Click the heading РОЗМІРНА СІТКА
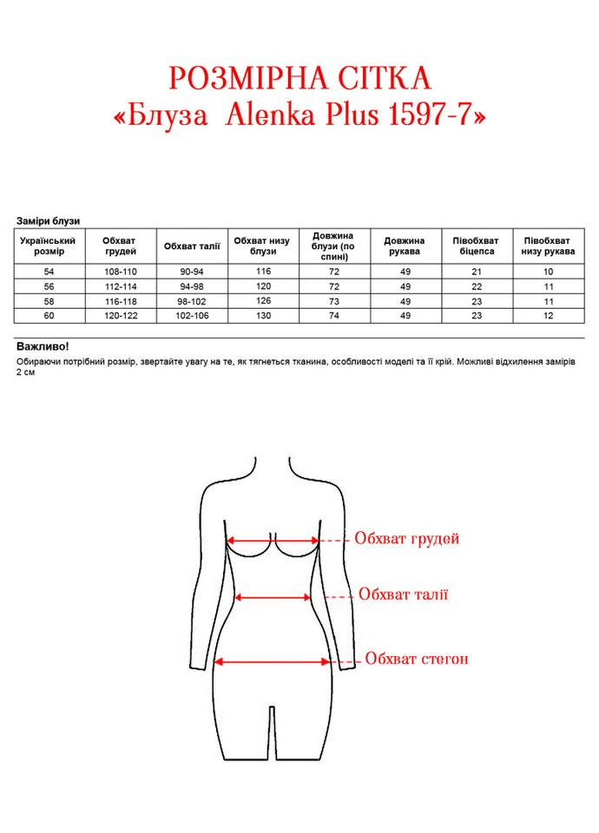(299, 79)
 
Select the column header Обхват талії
(192, 246)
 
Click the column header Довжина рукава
(405, 246)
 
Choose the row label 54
(48, 272)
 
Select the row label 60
(48, 316)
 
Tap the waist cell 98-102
(192, 301)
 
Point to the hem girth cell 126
(263, 301)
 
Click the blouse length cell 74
(334, 316)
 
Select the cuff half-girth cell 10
(548, 272)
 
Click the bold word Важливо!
(42, 345)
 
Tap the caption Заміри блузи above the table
(48, 221)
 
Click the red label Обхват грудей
(406, 539)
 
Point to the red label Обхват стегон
(417, 659)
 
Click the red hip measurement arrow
(272, 661)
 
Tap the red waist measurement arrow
(273, 597)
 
